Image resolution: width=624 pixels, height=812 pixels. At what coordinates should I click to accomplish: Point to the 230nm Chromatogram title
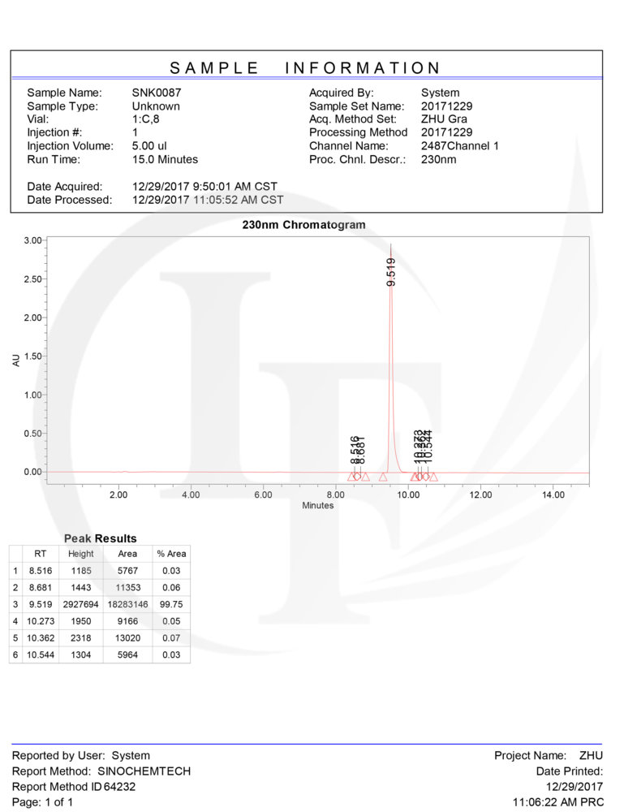[303, 225]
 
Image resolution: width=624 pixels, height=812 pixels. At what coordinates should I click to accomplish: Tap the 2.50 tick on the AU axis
[32, 279]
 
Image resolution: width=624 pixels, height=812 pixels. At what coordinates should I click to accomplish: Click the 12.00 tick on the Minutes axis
[480, 495]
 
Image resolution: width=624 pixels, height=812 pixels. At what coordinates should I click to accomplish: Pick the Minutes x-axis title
[317, 505]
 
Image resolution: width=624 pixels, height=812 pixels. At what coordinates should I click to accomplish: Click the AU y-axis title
[16, 358]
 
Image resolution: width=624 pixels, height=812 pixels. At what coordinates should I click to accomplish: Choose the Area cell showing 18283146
[127, 604]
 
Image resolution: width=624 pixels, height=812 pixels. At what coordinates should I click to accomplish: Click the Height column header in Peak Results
[80, 554]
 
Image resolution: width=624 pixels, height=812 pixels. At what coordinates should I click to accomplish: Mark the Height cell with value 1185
[81, 571]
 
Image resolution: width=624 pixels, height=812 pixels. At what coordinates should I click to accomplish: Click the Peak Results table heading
[100, 538]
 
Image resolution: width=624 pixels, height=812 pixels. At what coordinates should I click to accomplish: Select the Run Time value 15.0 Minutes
[165, 159]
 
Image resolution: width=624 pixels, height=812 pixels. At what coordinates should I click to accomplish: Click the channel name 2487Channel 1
[460, 146]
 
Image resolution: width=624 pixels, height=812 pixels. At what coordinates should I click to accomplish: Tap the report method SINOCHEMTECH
[144, 771]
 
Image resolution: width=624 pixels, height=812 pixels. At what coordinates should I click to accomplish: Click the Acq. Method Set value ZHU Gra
[444, 119]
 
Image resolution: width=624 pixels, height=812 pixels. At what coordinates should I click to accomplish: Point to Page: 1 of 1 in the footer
[42, 802]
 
